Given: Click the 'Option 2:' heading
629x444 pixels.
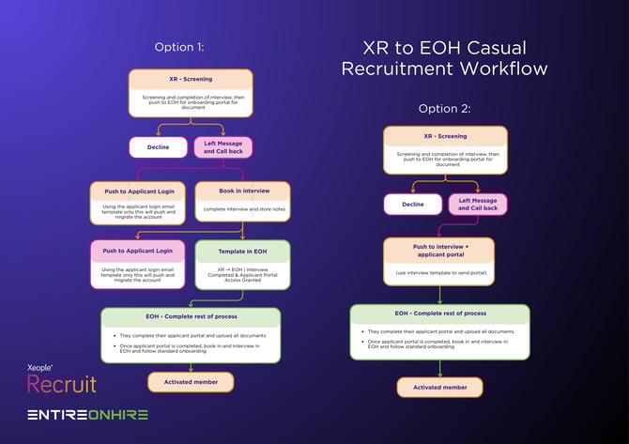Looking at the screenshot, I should pyautogui.click(x=445, y=109).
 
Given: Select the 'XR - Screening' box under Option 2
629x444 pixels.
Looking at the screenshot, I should pyautogui.click(x=445, y=148).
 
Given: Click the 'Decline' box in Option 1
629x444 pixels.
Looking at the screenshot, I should pyautogui.click(x=157, y=146).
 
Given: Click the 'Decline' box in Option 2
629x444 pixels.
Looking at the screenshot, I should pyautogui.click(x=412, y=204).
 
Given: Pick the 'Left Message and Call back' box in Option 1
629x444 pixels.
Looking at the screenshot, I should pyautogui.click(x=223, y=146).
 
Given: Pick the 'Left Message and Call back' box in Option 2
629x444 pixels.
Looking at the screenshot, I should pyautogui.click(x=477, y=204).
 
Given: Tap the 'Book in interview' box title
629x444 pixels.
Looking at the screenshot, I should pyautogui.click(x=243, y=191).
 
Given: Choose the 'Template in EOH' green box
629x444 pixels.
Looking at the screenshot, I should pyautogui.click(x=242, y=264).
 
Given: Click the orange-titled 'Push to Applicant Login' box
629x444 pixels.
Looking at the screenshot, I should pyautogui.click(x=138, y=203).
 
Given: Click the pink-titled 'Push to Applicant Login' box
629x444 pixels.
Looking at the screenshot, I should pyautogui.click(x=138, y=264).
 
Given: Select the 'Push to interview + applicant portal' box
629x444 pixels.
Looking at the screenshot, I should pyautogui.click(x=438, y=260).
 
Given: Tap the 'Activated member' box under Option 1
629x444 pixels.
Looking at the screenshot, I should pyautogui.click(x=191, y=382).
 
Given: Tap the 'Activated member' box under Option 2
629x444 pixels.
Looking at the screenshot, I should pyautogui.click(x=439, y=387).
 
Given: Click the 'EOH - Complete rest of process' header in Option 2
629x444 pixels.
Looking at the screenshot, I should pyautogui.click(x=439, y=313).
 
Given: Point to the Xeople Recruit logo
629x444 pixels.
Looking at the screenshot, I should pyautogui.click(x=60, y=379).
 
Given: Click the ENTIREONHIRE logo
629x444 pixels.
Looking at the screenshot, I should pyautogui.click(x=87, y=415).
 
